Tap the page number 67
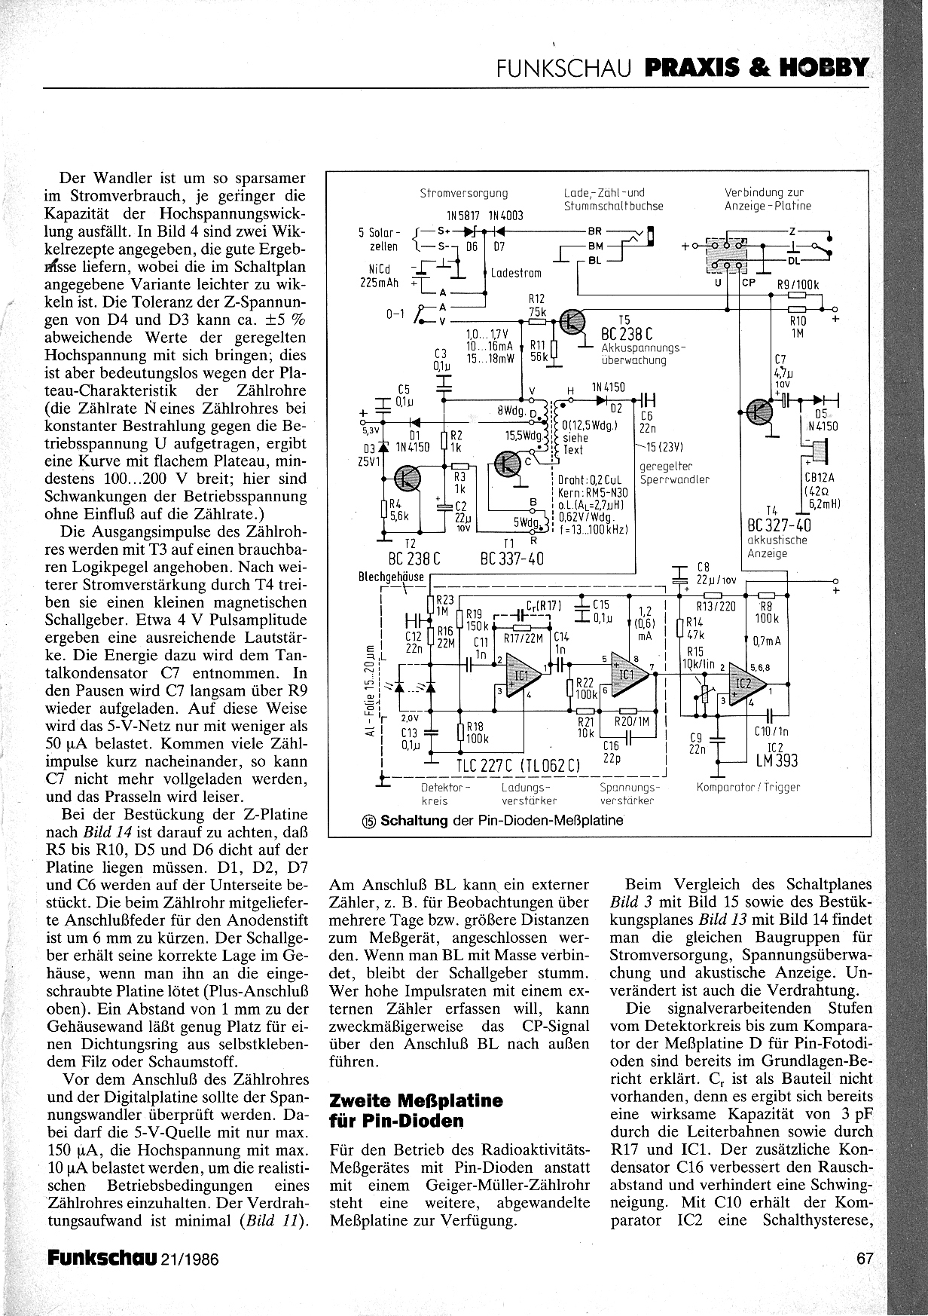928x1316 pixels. click(864, 1258)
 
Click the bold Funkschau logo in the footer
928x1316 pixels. click(102, 1258)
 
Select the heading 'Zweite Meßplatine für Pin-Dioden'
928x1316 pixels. click(417, 1109)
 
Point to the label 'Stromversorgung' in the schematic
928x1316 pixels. click(464, 194)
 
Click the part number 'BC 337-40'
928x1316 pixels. click(512, 559)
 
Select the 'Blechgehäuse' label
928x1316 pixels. click(392, 577)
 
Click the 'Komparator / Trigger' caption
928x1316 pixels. click(749, 787)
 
